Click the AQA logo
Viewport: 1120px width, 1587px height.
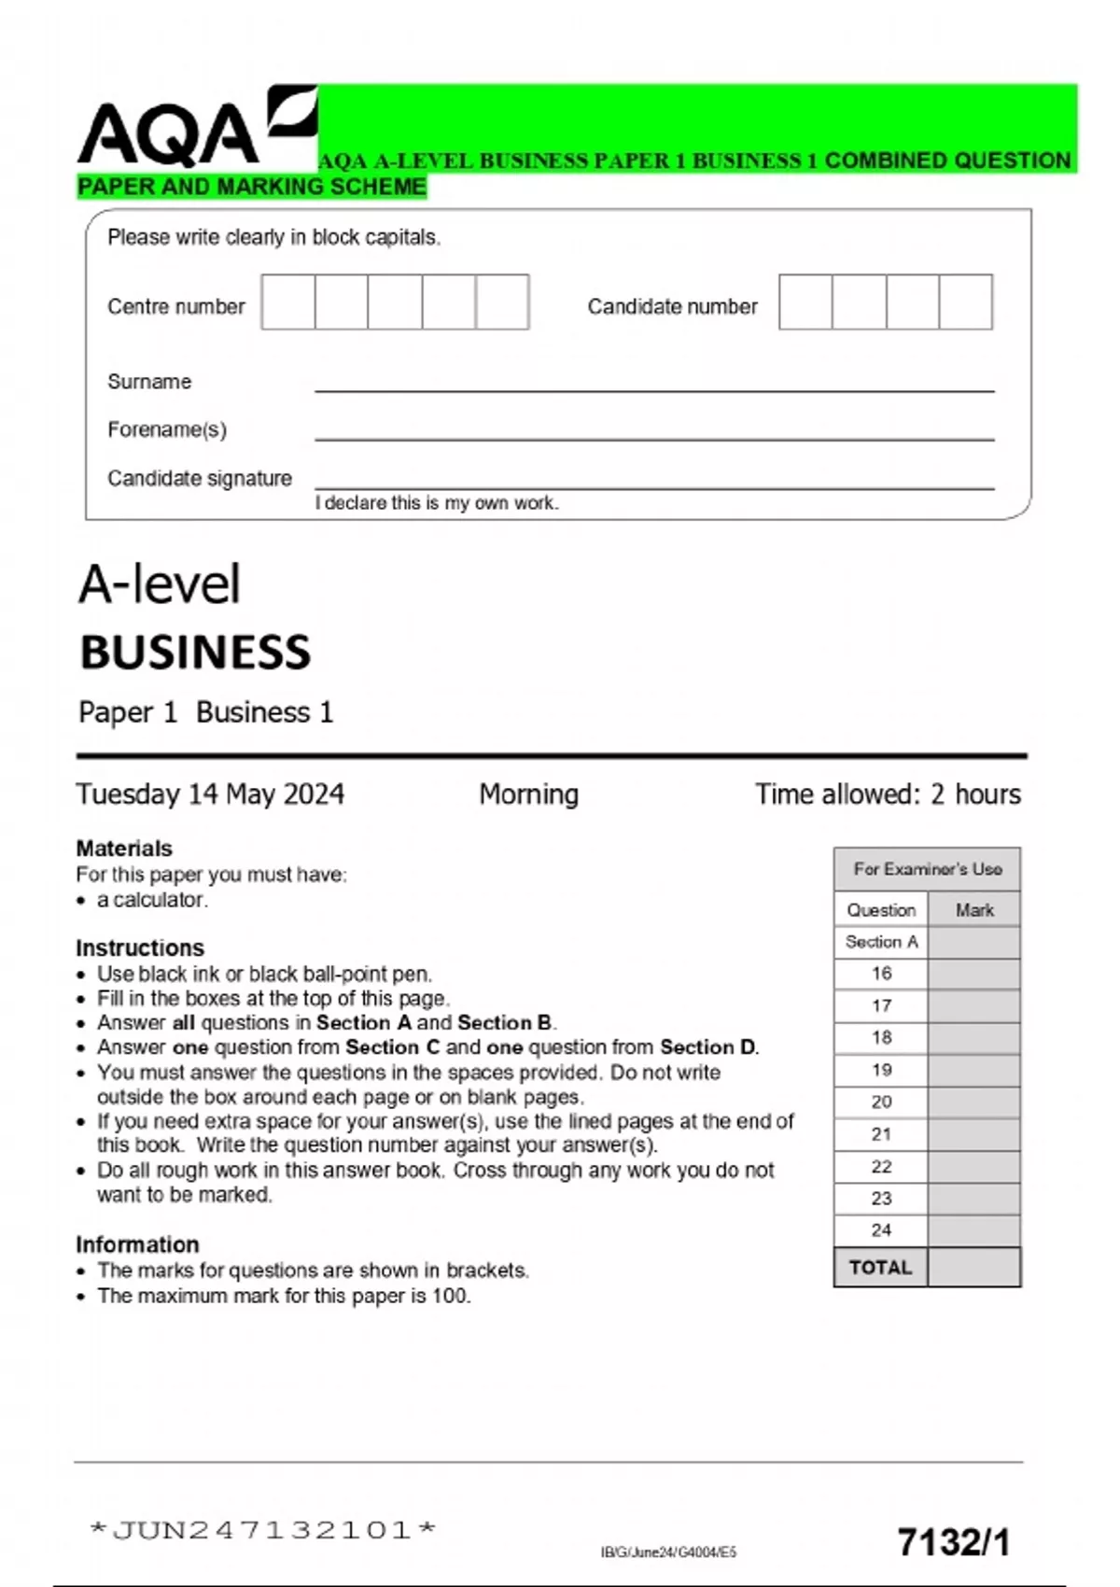coord(196,128)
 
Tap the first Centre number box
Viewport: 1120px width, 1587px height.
coord(288,302)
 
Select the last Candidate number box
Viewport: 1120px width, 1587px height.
coord(965,302)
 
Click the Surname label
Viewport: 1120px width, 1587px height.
coord(149,381)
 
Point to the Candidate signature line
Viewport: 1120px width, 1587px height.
coord(653,485)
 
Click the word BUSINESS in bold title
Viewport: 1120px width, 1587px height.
coord(195,652)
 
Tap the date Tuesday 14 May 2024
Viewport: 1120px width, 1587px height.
coord(210,794)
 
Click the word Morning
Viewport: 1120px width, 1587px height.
coord(528,794)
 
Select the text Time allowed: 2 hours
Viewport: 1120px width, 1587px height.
coord(888,794)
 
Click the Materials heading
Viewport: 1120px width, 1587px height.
coord(124,849)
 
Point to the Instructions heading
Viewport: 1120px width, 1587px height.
coord(140,948)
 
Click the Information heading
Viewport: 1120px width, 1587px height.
coord(137,1244)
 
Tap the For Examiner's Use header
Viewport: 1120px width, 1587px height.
coord(927,869)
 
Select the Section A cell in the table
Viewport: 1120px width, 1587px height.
coord(881,942)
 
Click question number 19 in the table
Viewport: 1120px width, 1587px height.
coord(881,1070)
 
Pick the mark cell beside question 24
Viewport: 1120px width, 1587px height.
coord(973,1230)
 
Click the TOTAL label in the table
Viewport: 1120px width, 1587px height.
coord(880,1268)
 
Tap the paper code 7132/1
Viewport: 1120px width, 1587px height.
coord(953,1542)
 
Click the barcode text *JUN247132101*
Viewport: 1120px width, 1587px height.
coord(263,1530)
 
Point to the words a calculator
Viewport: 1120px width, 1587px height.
coord(152,900)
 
